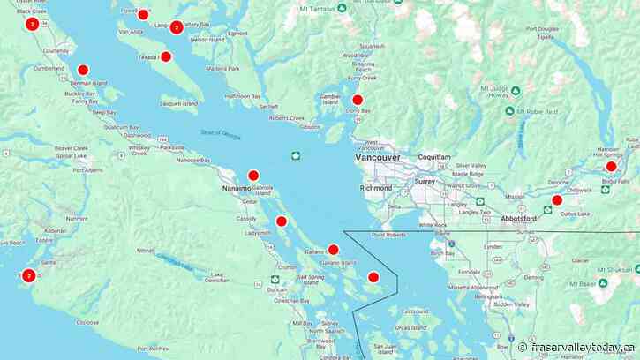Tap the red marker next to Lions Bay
coord(358,100)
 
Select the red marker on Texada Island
coord(166,56)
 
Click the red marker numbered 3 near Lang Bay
coord(177,27)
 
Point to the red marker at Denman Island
coord(83,70)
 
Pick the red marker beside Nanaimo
coord(253,176)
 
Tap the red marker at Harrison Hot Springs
coord(611,166)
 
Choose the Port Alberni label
coord(87,170)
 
